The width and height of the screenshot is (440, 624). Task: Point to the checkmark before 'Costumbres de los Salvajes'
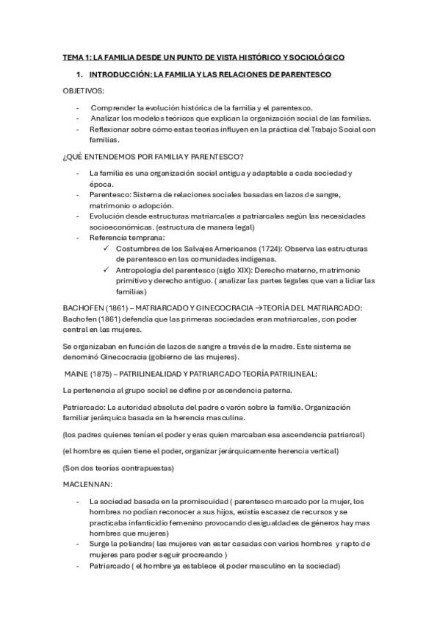(109, 249)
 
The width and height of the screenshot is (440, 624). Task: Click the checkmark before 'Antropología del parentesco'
(109, 270)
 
